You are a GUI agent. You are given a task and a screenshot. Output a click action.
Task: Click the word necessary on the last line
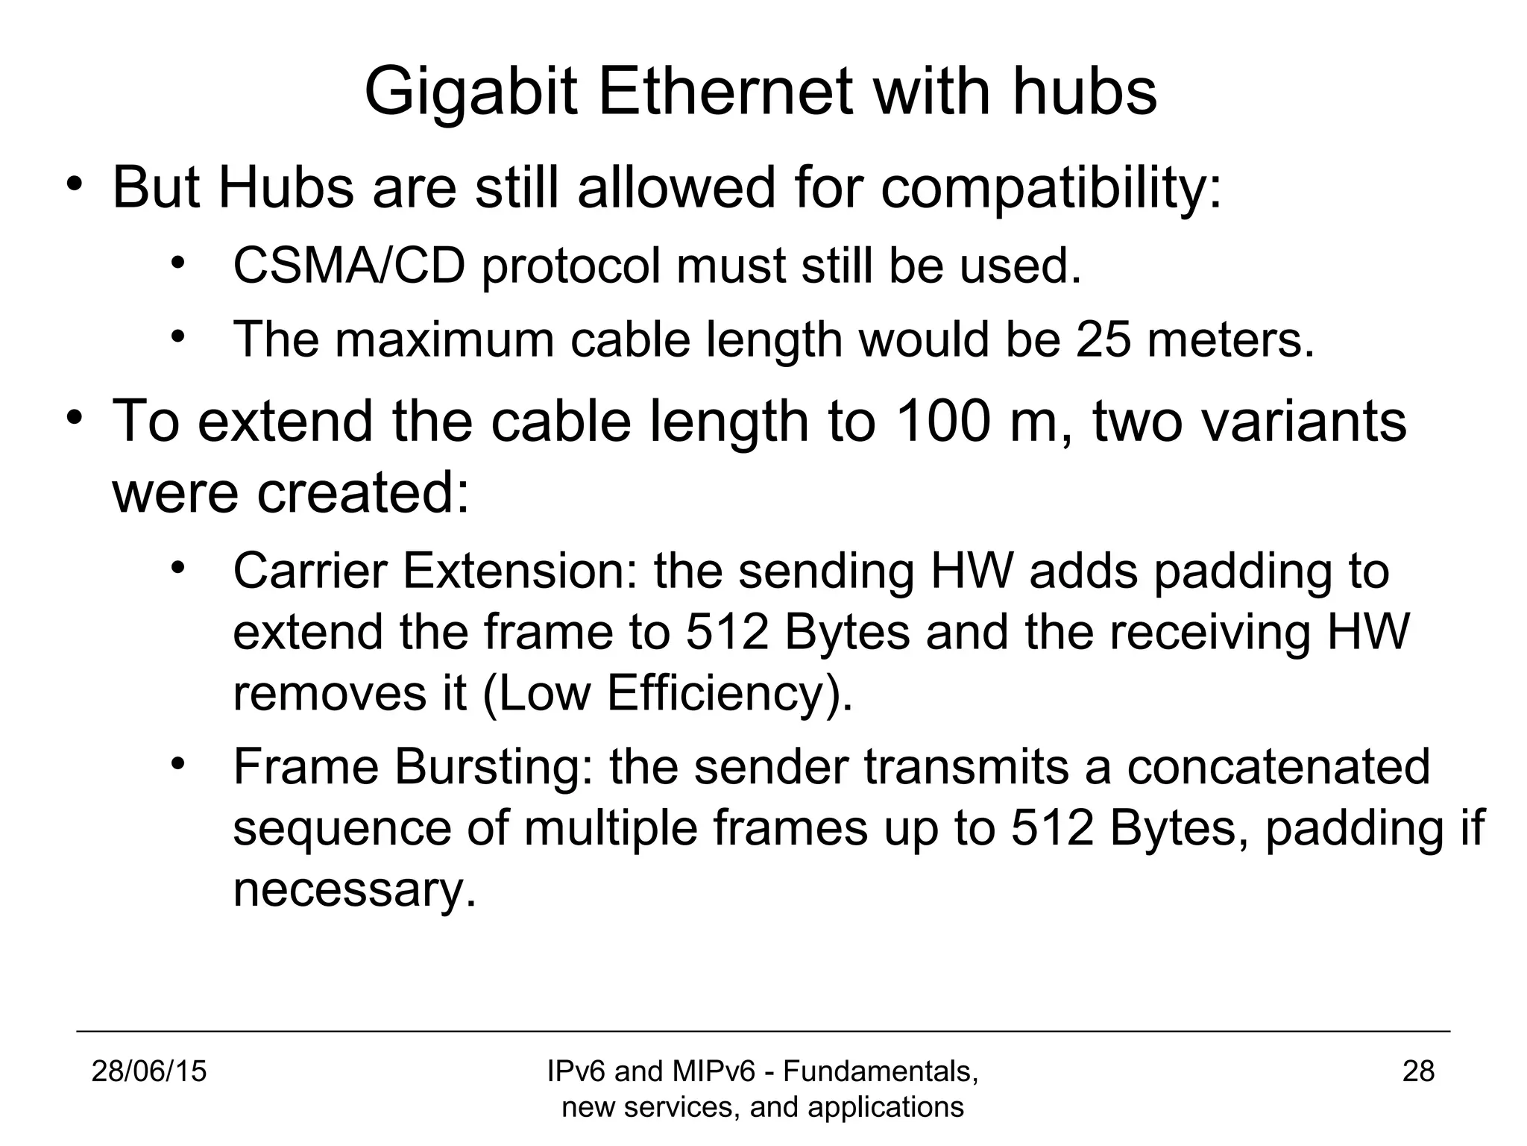click(354, 889)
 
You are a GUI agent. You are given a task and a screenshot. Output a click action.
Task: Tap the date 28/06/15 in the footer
click(149, 1071)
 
